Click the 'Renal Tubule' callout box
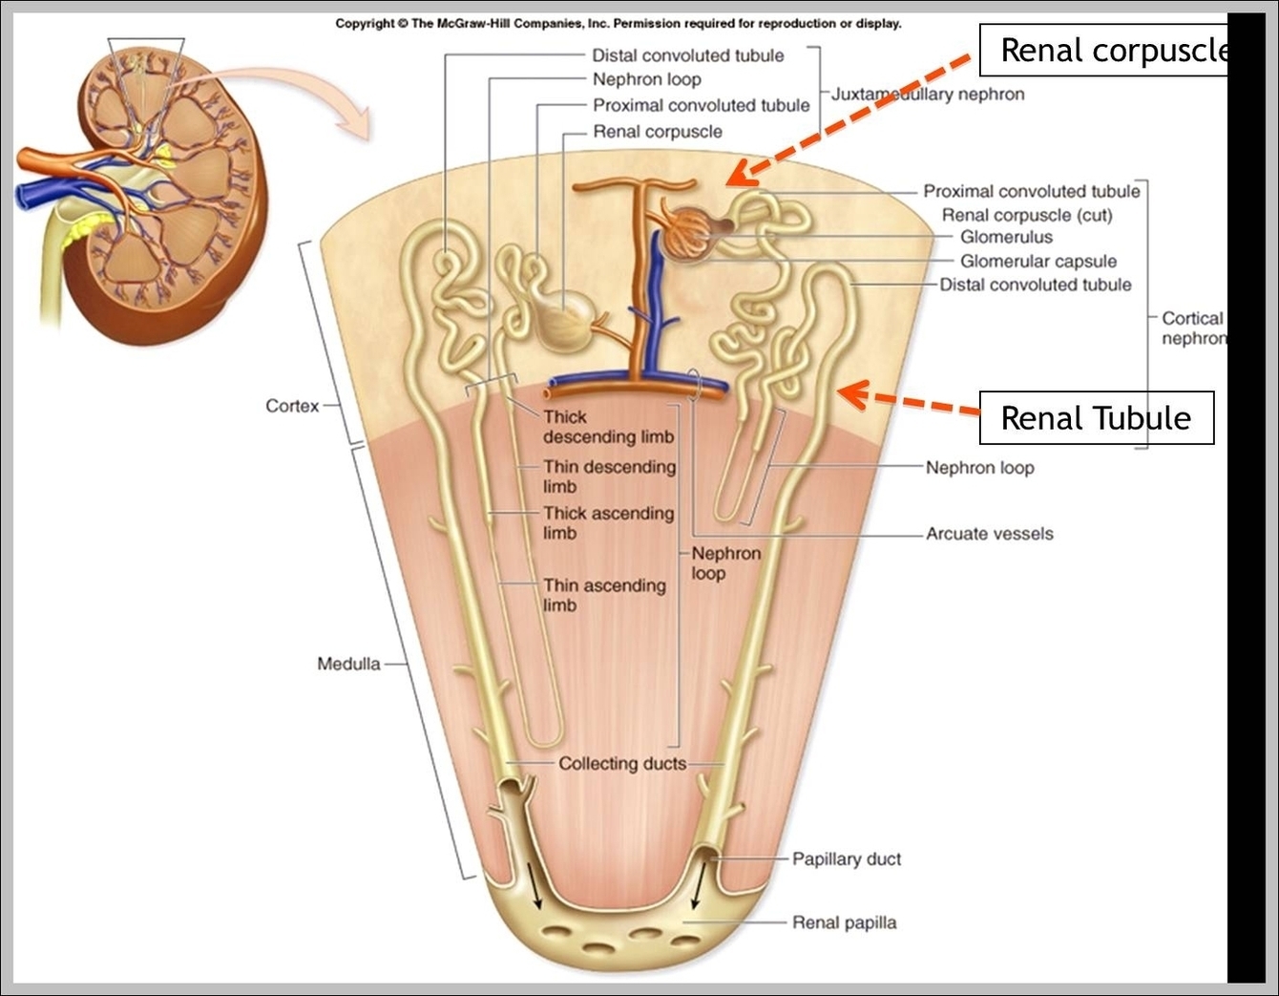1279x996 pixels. point(1096,418)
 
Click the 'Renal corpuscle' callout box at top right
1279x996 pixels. point(1107,51)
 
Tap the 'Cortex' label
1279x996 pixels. point(292,406)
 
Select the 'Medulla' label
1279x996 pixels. point(348,664)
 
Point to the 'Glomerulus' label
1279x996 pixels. point(1006,237)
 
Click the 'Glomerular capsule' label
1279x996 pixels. point(1038,261)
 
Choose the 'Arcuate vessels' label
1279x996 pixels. point(989,534)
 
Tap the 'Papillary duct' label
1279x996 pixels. point(846,858)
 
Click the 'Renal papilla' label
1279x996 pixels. point(844,922)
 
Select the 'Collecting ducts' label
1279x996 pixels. point(621,763)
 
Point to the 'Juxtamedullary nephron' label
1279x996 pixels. point(928,94)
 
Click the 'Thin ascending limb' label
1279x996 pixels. point(603,595)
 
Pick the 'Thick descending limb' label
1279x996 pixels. point(608,427)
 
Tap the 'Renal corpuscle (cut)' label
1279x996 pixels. point(1027,215)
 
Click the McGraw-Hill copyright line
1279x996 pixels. point(618,23)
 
